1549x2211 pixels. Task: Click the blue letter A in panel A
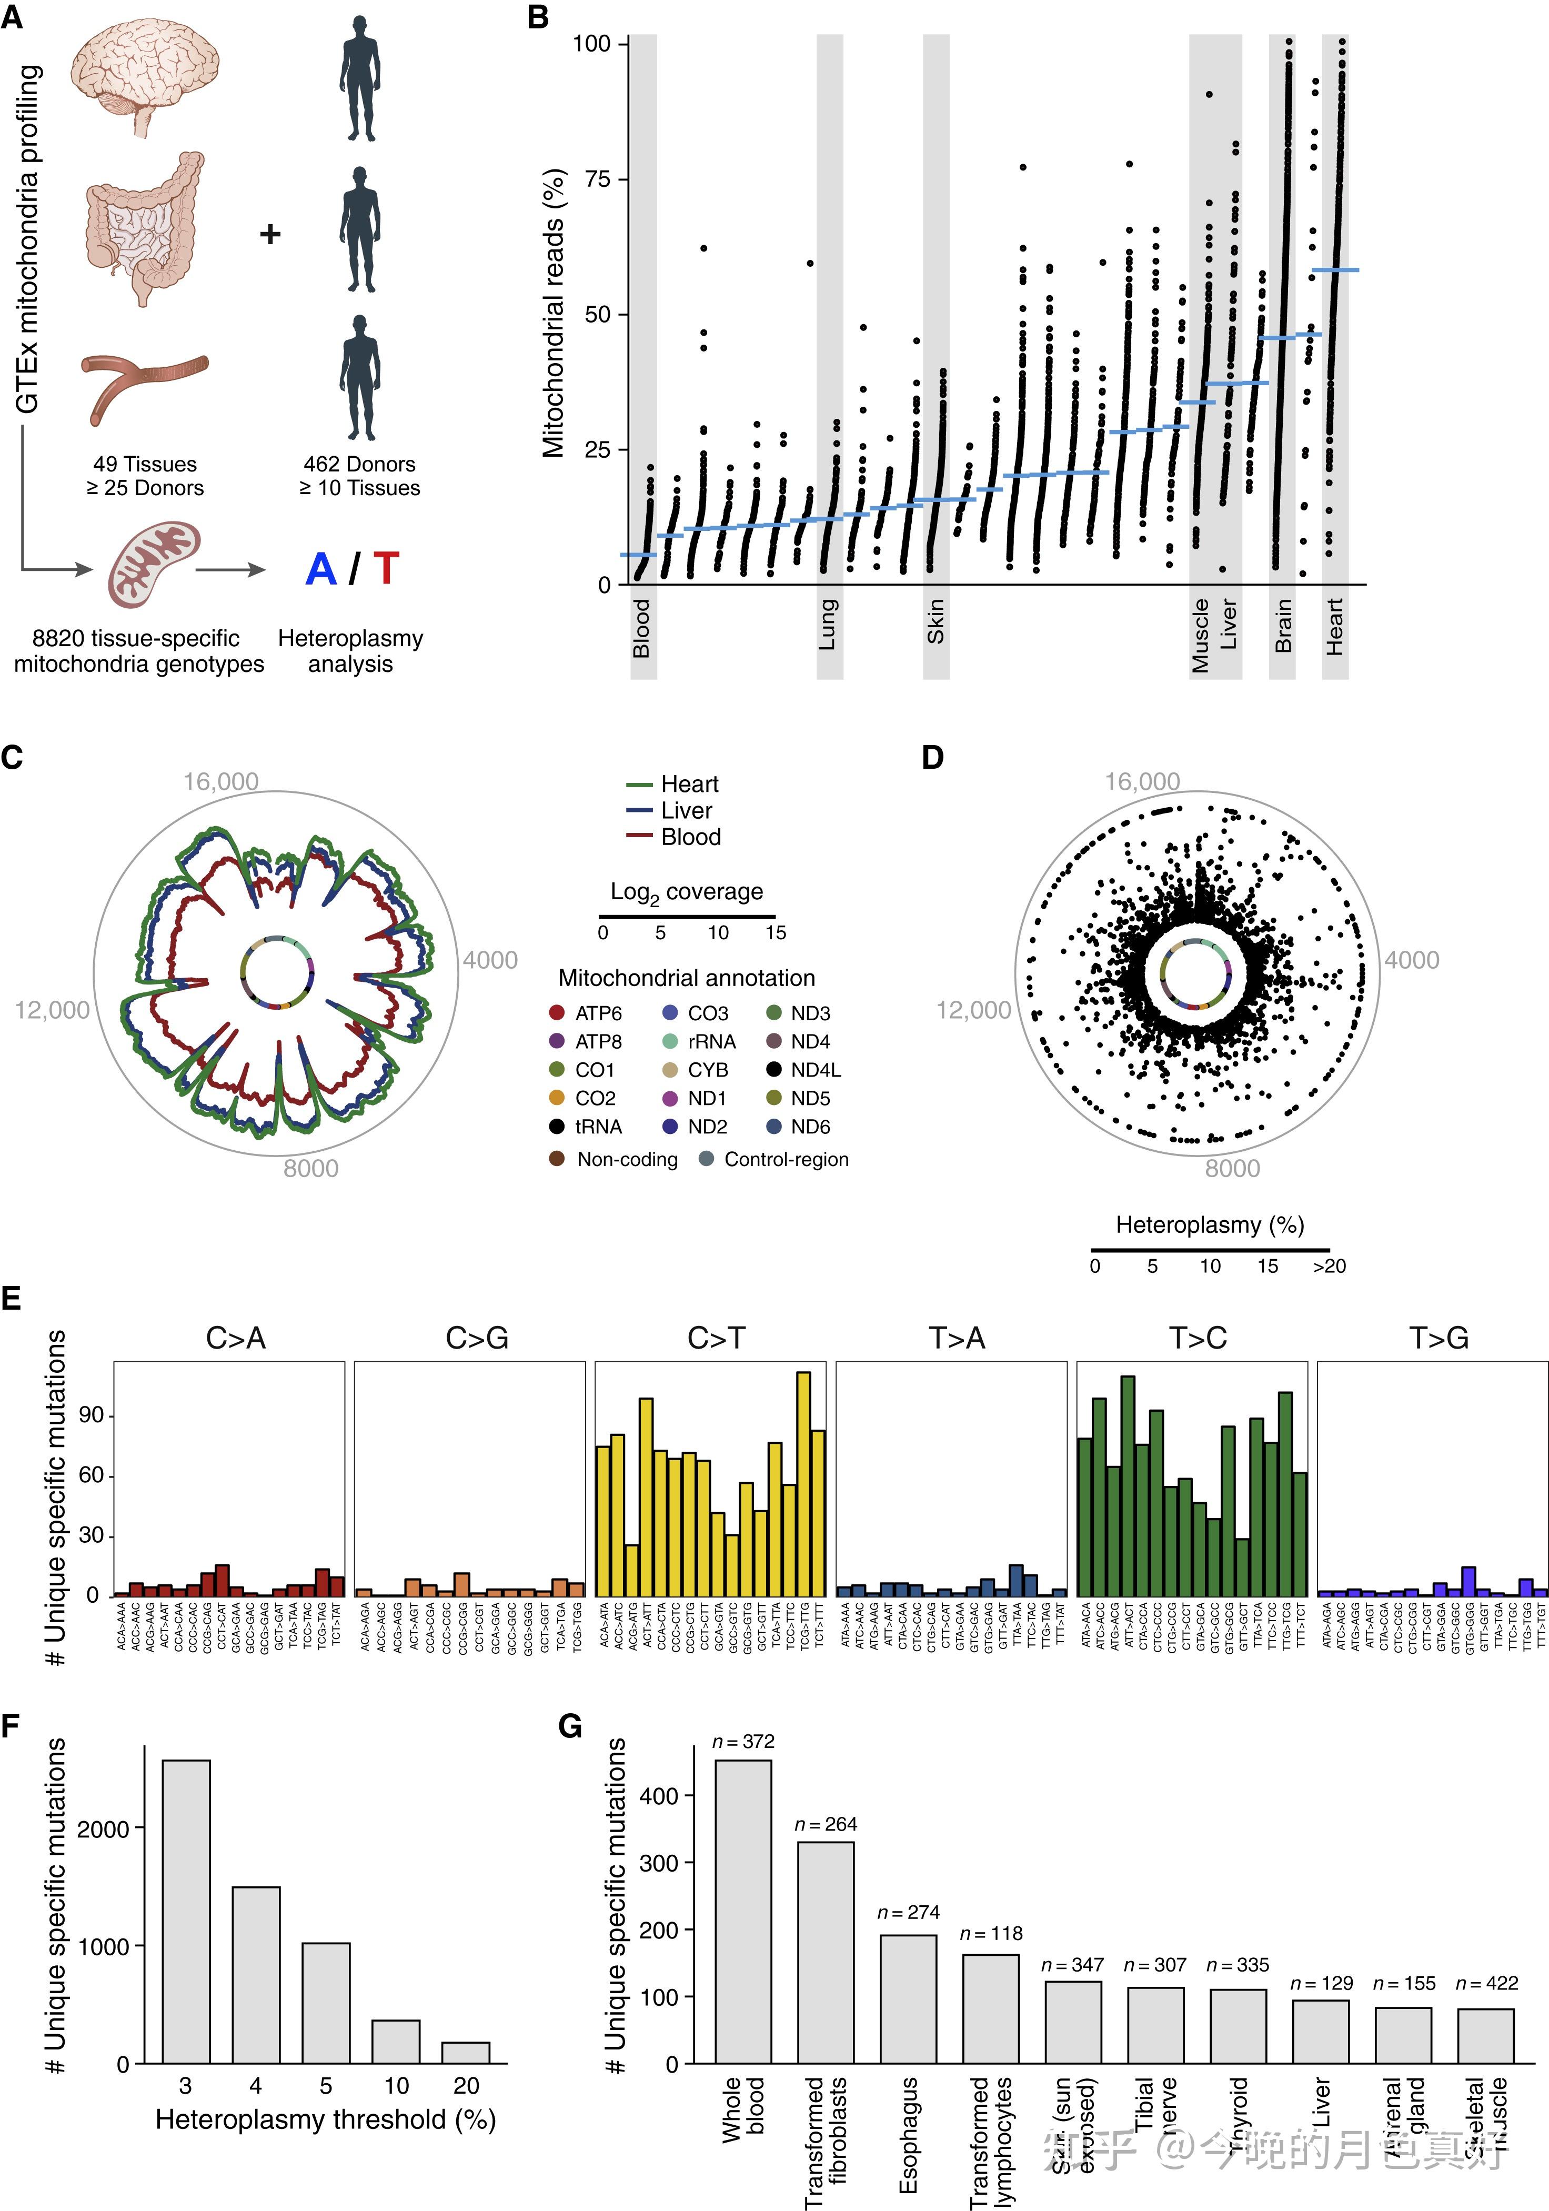point(320,569)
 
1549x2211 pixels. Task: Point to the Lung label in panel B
point(829,624)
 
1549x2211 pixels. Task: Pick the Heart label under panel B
point(1334,627)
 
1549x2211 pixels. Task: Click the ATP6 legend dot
point(557,1013)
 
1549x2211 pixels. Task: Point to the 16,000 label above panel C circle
point(222,782)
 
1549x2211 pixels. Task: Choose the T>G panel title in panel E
point(1439,1339)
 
